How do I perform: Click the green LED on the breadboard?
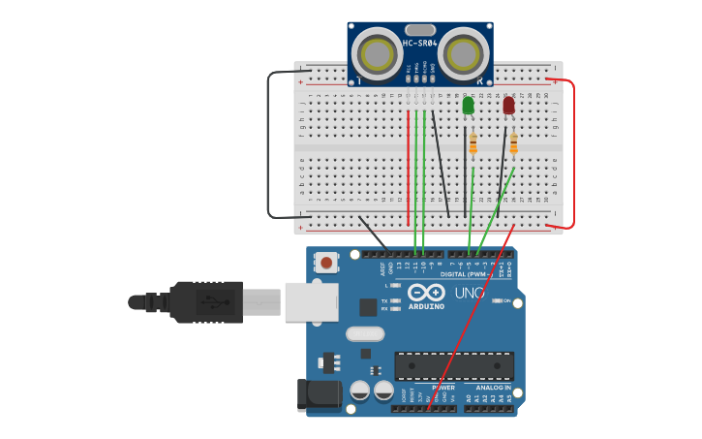coord(469,105)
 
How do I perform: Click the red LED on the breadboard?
coord(509,105)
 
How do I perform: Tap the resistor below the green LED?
coord(473,144)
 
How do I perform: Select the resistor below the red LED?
coord(513,144)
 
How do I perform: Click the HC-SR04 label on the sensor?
coord(420,43)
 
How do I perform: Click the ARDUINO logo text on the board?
coord(426,306)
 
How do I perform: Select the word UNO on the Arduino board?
coord(470,293)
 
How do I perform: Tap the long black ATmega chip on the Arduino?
coord(453,366)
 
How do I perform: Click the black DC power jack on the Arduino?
coord(320,393)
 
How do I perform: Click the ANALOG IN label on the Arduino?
coord(493,387)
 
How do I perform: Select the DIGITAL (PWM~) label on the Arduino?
coord(466,274)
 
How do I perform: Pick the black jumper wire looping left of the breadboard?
coord(269,145)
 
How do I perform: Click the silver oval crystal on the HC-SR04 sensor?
coord(420,30)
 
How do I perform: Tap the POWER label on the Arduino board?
coord(443,387)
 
